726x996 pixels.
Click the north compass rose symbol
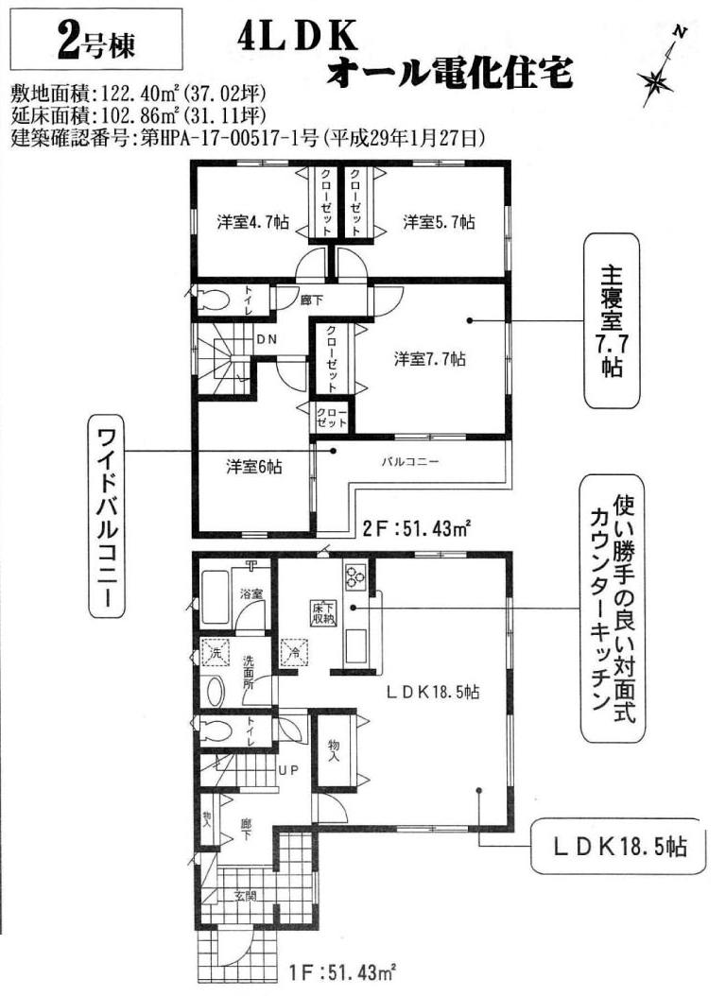tap(655, 80)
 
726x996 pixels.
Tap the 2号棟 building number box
tap(96, 40)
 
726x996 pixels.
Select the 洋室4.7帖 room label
tap(252, 222)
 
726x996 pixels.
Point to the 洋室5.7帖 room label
tap(439, 222)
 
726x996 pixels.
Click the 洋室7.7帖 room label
tap(430, 359)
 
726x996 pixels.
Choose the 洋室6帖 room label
tap(254, 467)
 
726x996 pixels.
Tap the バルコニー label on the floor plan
tap(409, 462)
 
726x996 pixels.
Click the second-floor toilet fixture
tap(211, 301)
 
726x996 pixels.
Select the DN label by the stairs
tap(267, 339)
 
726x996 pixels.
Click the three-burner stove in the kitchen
tap(354, 575)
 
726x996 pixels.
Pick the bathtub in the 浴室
tap(216, 598)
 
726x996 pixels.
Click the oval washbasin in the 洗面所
tap(216, 691)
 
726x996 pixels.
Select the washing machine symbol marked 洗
tap(215, 652)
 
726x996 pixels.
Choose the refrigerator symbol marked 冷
tap(295, 651)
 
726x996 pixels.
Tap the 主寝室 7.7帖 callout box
tap(612, 320)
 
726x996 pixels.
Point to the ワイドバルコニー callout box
tap(107, 517)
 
